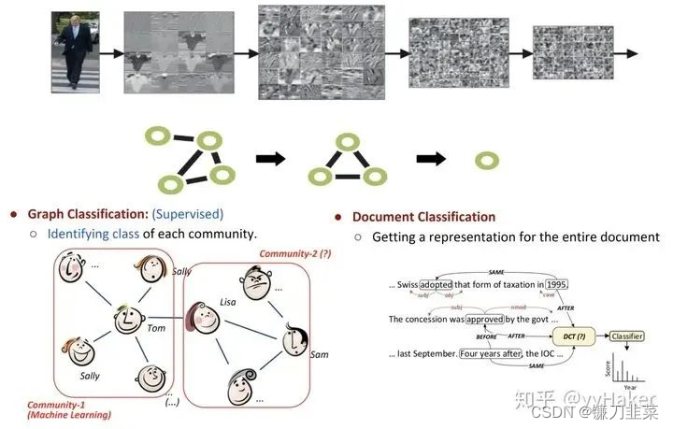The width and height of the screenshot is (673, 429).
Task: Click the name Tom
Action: coord(156,328)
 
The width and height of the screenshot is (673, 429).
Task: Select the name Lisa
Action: coord(228,302)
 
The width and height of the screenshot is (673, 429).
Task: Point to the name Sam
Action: coord(319,355)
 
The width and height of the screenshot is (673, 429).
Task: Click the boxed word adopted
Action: coord(436,284)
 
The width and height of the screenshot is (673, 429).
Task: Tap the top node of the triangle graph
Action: coord(348,141)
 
